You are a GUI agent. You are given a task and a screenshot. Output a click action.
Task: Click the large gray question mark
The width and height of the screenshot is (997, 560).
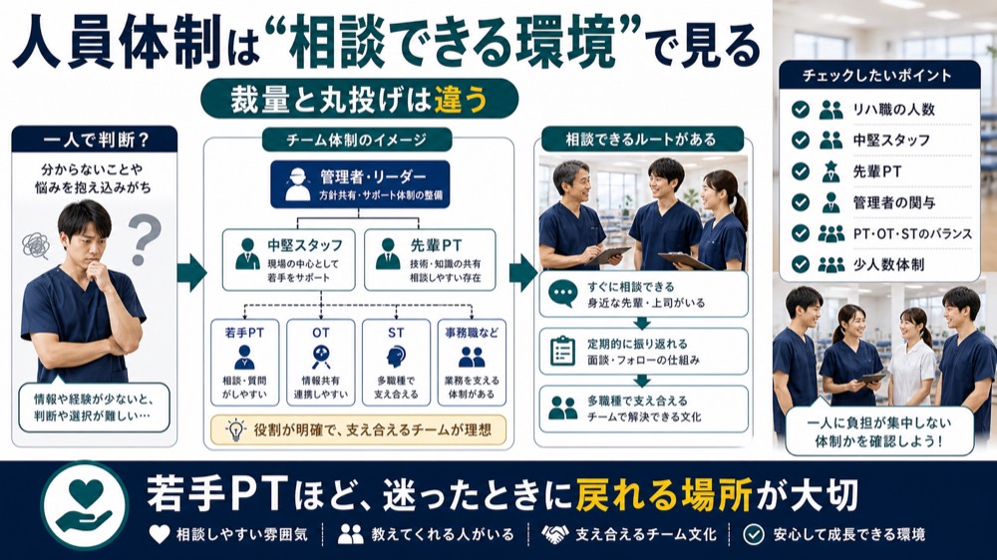(145, 238)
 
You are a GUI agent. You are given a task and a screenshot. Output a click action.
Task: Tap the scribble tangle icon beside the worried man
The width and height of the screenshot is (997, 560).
(36, 246)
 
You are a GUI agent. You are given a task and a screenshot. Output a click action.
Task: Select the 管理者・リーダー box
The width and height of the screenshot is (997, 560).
(360, 184)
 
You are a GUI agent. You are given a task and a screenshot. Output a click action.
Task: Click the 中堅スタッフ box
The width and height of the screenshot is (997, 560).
(289, 260)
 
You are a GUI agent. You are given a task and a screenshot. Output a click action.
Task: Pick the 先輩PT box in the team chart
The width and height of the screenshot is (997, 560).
(430, 260)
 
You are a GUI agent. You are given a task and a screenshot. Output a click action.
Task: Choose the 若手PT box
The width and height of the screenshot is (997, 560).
(245, 363)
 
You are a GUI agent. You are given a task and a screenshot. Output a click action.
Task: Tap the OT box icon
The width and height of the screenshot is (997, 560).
(320, 357)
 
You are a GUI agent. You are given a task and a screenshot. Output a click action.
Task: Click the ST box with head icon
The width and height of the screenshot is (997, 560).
(396, 363)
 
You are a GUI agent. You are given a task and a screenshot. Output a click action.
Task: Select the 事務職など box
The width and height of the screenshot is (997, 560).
(472, 363)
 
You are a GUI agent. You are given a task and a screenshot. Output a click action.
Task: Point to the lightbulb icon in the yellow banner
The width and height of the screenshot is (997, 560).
(236, 430)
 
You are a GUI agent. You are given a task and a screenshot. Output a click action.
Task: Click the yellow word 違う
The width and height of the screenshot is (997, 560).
(461, 100)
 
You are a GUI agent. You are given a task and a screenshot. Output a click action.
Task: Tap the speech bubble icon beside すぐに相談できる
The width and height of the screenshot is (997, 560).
(562, 294)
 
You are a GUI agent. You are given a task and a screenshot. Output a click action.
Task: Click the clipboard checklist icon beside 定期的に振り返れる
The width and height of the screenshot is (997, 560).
(562, 350)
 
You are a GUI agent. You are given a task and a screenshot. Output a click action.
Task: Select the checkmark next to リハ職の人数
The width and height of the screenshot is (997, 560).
(801, 110)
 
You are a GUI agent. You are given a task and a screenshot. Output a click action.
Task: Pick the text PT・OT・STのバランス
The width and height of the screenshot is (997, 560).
(912, 234)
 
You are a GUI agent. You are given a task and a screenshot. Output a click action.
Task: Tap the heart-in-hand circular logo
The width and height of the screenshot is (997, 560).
(85, 506)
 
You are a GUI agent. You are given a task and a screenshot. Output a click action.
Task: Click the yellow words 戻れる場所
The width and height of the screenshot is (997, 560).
(664, 495)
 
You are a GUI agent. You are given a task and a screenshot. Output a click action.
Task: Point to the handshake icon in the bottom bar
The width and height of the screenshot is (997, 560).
(555, 534)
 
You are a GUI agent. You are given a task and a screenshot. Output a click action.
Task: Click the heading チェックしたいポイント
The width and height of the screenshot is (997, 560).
(876, 76)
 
